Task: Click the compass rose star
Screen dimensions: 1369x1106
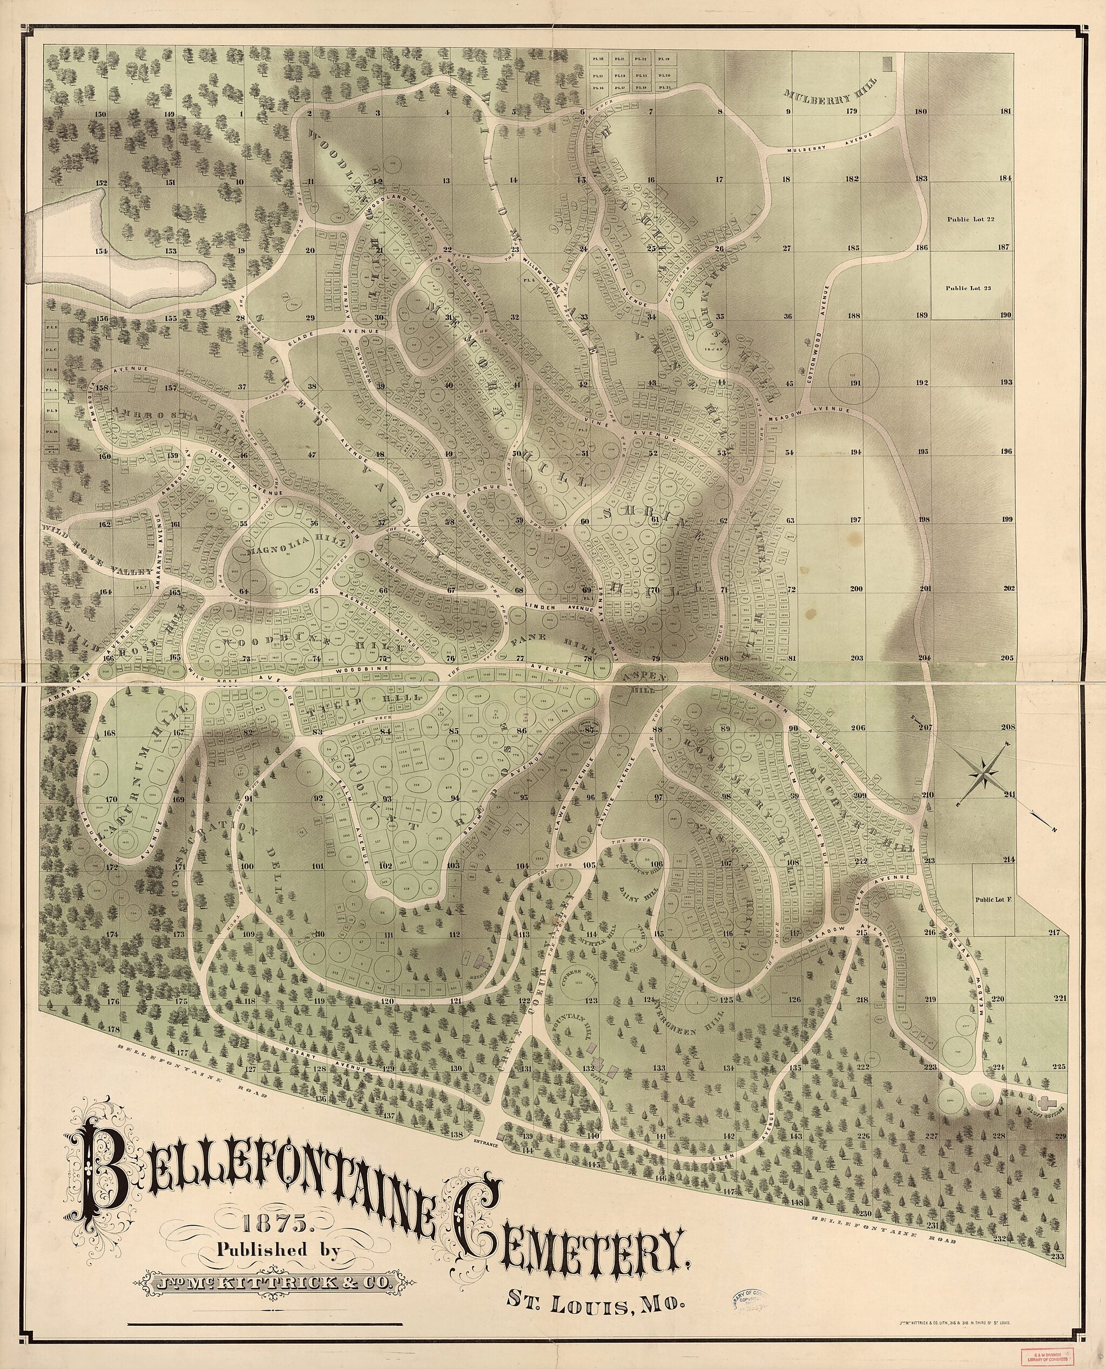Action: [x=986, y=774]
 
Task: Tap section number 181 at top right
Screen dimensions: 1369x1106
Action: [x=1006, y=111]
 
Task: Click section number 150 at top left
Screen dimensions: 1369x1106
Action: [x=100, y=114]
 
